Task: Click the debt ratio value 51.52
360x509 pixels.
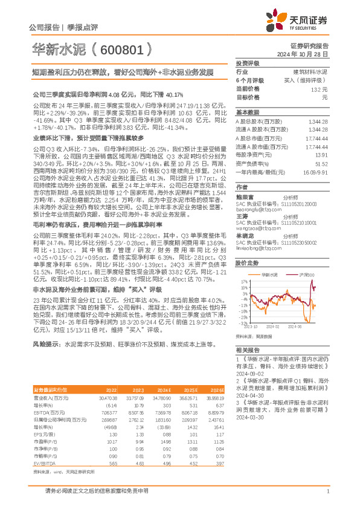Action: click(321, 163)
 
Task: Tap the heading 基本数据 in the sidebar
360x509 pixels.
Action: click(247, 112)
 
